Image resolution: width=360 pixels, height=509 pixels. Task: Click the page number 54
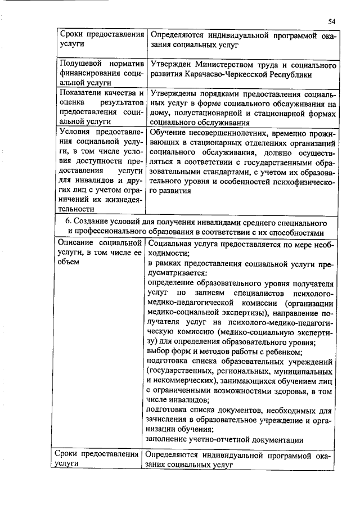[x=332, y=21]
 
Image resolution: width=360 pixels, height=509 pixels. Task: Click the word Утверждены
[x=175, y=93]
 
